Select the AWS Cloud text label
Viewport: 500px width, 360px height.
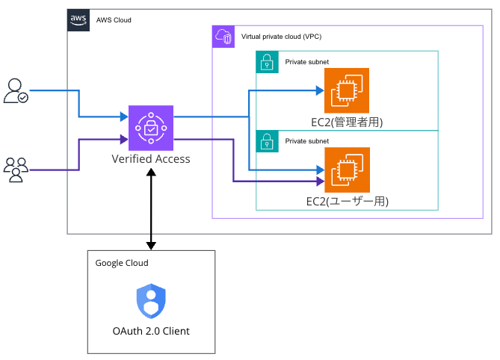pos(114,20)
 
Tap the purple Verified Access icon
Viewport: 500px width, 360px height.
pos(151,128)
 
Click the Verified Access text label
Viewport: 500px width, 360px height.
pos(151,158)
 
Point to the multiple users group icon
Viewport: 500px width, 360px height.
pos(16,170)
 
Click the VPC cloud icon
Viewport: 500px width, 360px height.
pos(223,37)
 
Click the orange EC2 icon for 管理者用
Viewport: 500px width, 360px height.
pos(346,90)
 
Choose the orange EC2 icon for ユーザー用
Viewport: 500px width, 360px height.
pos(346,170)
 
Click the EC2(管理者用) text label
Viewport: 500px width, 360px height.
pos(345,122)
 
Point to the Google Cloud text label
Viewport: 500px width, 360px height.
pos(122,263)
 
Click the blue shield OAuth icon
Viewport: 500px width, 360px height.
pos(151,302)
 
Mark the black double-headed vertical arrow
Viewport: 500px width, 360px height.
pos(152,209)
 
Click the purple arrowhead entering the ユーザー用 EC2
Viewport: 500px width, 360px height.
pos(319,181)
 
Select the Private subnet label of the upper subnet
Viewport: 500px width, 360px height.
pos(306,62)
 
